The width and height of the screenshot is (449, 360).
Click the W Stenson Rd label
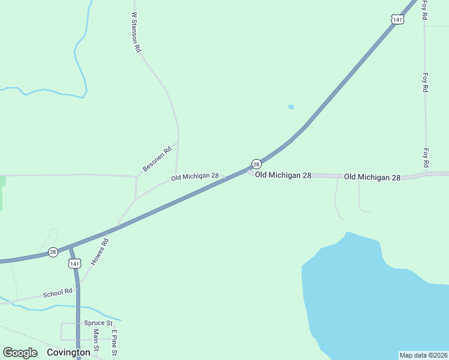click(x=136, y=32)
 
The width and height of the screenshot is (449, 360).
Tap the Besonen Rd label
click(x=157, y=159)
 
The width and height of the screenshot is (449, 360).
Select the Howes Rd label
click(x=100, y=253)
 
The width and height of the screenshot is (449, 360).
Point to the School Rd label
click(x=57, y=293)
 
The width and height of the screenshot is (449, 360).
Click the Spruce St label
click(x=98, y=323)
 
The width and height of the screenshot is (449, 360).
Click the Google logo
click(x=20, y=353)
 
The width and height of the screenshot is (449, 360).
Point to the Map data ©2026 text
click(x=423, y=355)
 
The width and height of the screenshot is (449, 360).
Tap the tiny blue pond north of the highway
click(x=291, y=107)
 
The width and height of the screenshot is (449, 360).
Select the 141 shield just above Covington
click(x=74, y=263)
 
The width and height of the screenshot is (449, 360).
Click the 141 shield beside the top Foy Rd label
click(x=397, y=20)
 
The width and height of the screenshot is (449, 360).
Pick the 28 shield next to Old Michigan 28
click(x=256, y=164)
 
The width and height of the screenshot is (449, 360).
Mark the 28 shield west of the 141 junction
click(x=53, y=253)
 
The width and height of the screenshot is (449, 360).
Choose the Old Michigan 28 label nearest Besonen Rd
click(x=194, y=176)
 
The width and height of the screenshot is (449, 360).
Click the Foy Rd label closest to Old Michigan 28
click(x=426, y=158)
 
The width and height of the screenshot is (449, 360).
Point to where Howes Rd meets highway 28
click(x=118, y=227)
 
